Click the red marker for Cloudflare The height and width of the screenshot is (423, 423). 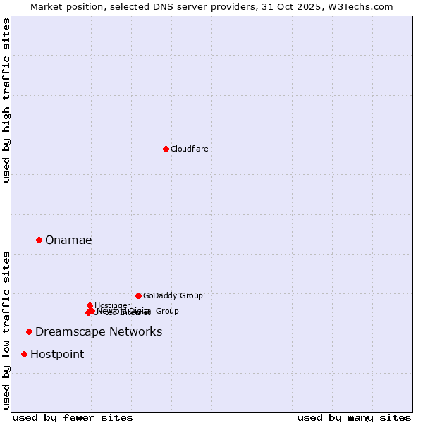pyautogui.click(x=166, y=149)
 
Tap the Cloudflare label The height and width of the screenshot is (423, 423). pyautogui.click(x=189, y=149)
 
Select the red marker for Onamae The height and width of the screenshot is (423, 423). pyautogui.click(x=39, y=240)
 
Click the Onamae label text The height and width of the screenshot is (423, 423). pyautogui.click(x=68, y=240)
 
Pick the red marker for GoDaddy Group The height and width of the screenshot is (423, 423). pyautogui.click(x=138, y=295)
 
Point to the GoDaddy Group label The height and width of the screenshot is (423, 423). pyautogui.click(x=173, y=295)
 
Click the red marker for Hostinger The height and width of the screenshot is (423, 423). pyautogui.click(x=90, y=305)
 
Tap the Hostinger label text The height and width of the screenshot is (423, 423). pyautogui.click(x=112, y=305)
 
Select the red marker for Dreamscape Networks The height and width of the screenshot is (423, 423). pyautogui.click(x=29, y=331)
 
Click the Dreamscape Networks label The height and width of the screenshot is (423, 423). pyautogui.click(x=99, y=331)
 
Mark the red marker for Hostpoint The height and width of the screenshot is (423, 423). pyautogui.click(x=24, y=354)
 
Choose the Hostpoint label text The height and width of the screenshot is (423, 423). pyautogui.click(x=57, y=354)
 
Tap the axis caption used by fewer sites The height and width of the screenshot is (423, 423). pyautogui.click(x=73, y=417)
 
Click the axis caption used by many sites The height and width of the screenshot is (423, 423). pyautogui.click(x=354, y=417)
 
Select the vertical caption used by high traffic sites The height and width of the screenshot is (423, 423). pyautogui.click(x=6, y=101)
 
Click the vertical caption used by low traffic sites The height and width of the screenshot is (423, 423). pyautogui.click(x=6, y=330)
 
